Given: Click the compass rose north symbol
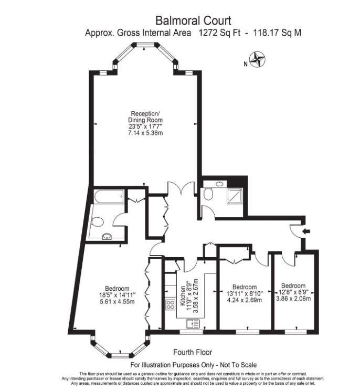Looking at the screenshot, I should [x=257, y=60].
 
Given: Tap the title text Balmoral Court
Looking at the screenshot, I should [x=193, y=21].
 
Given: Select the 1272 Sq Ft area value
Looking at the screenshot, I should [x=220, y=33].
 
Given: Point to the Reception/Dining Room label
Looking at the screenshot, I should [x=146, y=117].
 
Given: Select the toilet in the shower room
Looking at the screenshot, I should [x=209, y=195].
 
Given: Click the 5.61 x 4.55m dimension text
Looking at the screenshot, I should [x=117, y=302].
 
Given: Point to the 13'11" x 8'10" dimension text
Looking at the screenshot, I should [x=245, y=294].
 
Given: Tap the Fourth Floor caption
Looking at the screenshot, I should [x=193, y=352].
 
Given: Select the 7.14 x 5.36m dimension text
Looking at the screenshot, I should [x=146, y=133].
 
